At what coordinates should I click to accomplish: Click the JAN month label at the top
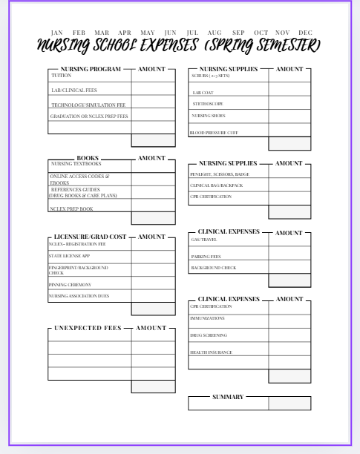coord(56,33)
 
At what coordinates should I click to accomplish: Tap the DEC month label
coord(305,33)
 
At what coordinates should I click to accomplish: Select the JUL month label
coord(192,33)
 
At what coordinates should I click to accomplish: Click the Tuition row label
coord(62,76)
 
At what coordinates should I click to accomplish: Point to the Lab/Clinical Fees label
coord(73,91)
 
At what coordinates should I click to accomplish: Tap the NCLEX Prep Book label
coord(72,209)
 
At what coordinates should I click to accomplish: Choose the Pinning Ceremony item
coord(71,285)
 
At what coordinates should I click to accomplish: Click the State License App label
coord(69,256)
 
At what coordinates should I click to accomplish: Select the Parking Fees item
coord(206,257)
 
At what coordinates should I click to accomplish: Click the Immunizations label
coord(207,318)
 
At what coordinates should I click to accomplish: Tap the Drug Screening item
coord(209,335)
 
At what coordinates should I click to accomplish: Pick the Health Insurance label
coord(211,352)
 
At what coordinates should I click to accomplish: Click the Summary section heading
coord(228,397)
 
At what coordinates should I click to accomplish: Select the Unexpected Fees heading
coord(89,328)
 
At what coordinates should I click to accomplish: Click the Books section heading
coord(88,158)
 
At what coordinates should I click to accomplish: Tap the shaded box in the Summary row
coord(289,404)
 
